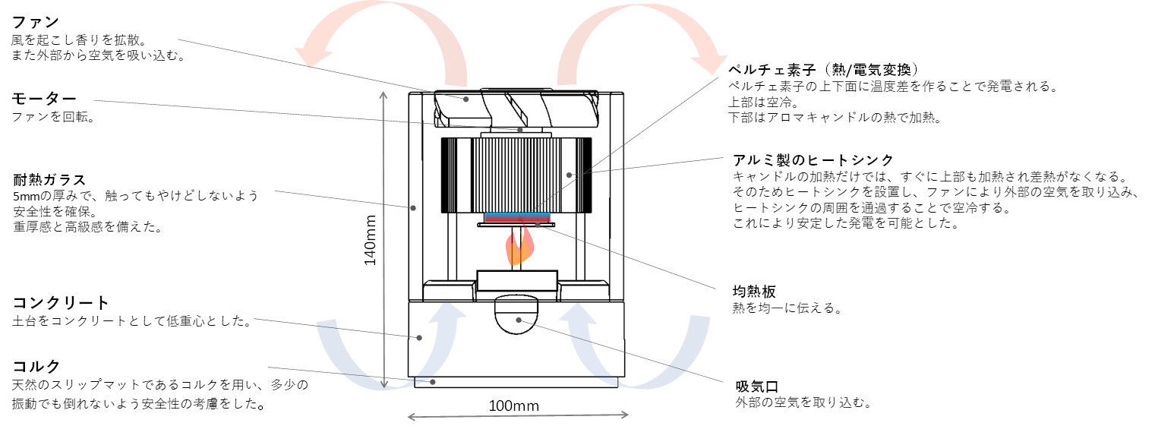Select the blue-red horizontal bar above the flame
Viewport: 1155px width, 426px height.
(x=518, y=218)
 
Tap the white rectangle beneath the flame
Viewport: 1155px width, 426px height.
(x=517, y=281)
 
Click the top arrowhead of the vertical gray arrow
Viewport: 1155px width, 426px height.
(x=383, y=95)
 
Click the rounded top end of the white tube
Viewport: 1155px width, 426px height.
(x=618, y=95)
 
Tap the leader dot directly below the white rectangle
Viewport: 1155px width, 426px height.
(x=519, y=320)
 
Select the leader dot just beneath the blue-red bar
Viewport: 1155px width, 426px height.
(x=538, y=226)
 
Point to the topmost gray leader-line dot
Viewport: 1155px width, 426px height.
(x=466, y=99)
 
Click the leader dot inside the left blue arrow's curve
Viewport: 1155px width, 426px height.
(x=419, y=338)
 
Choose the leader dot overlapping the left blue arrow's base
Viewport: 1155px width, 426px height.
(x=433, y=382)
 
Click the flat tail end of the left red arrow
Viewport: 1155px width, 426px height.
(x=456, y=85)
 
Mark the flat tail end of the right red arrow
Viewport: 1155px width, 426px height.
(x=567, y=83)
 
